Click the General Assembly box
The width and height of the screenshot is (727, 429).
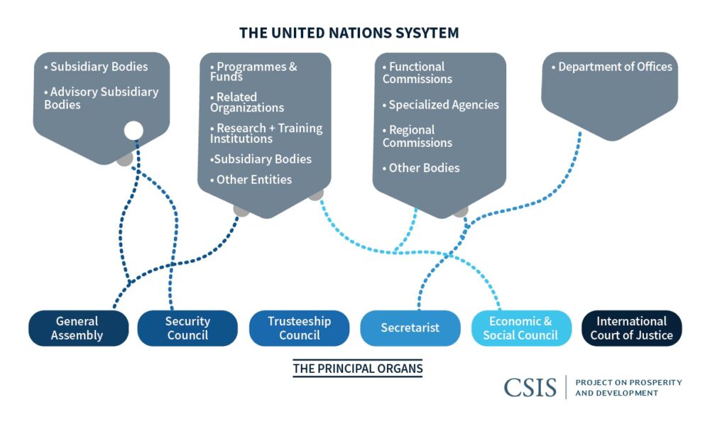78,328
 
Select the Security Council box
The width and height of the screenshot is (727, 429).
187,328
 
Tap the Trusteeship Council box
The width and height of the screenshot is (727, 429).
299,328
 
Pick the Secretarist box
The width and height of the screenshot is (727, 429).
410,328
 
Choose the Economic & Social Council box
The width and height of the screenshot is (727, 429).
520,328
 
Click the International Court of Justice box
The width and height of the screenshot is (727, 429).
631,328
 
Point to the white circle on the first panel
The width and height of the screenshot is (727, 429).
133,130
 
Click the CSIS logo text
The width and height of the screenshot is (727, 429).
530,387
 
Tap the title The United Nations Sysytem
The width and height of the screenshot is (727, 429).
349,33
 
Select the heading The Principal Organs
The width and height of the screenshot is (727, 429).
357,369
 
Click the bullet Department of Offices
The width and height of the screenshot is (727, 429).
612,67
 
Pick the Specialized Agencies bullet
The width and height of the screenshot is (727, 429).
441,105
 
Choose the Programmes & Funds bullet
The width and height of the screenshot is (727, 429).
254,71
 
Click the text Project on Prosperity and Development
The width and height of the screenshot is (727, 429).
628,388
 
